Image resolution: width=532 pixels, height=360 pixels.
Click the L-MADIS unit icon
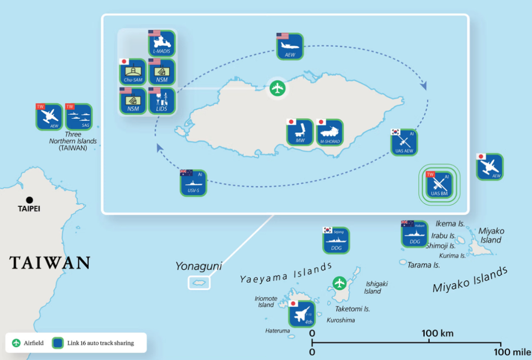coord(162,44)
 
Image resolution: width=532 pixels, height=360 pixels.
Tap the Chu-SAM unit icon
coord(133,72)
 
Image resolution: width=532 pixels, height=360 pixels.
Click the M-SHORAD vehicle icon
coord(329,132)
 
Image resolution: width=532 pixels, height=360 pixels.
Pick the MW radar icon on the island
coord(300,132)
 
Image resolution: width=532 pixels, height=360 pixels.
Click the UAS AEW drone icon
coord(404,142)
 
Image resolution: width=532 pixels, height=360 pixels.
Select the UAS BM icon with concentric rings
coord(439,185)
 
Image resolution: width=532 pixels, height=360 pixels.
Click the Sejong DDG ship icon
coord(336,241)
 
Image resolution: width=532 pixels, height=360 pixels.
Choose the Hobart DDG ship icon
coord(414,234)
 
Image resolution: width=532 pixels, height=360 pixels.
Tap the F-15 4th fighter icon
coord(302,314)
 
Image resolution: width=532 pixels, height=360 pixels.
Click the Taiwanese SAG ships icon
coord(79,117)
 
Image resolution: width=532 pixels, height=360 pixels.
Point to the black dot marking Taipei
coord(30,200)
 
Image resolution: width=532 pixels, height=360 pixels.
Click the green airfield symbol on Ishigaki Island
coord(339,283)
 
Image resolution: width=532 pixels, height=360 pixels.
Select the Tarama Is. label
coord(423,265)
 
